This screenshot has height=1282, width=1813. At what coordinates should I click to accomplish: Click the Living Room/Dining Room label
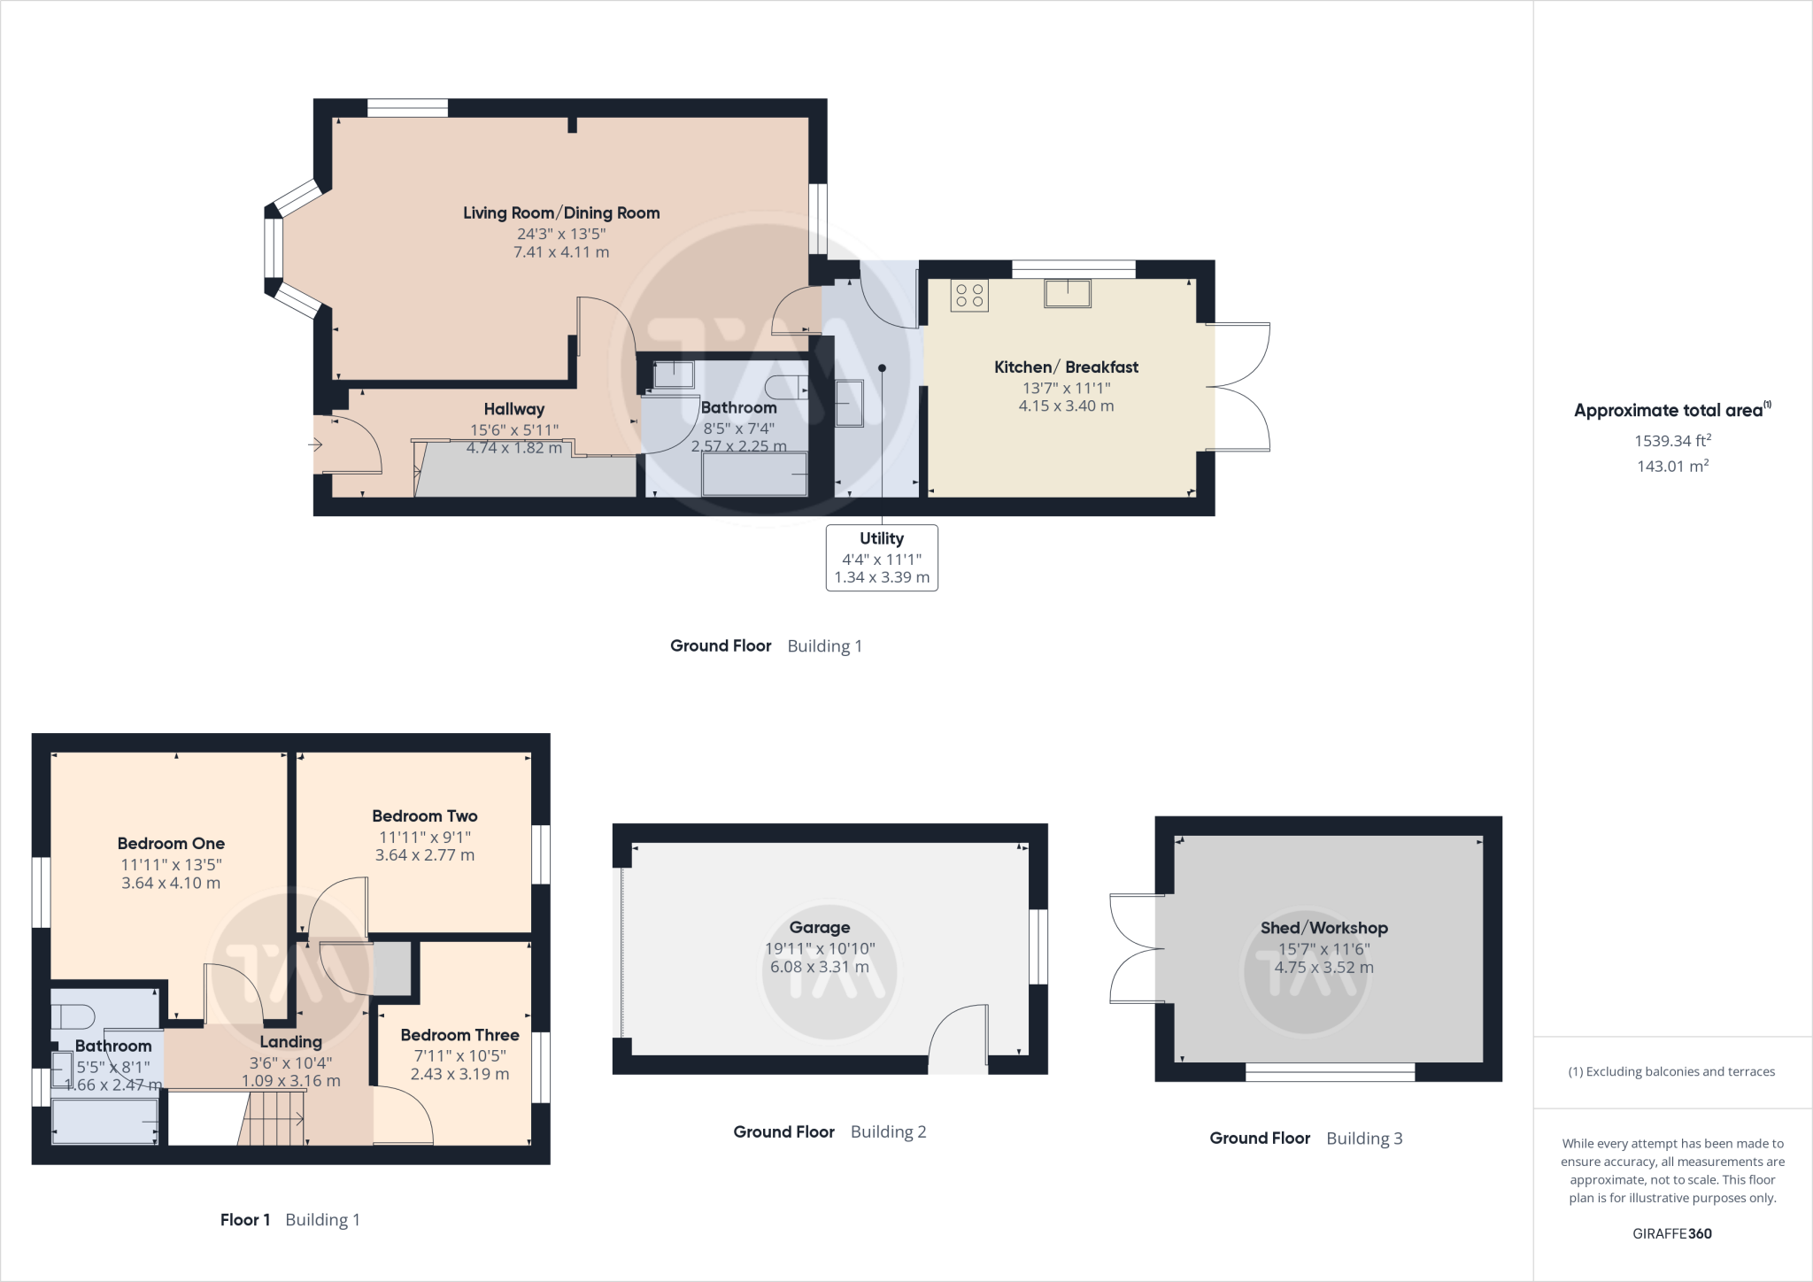point(561,212)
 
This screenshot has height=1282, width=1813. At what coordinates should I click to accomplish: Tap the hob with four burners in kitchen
point(969,296)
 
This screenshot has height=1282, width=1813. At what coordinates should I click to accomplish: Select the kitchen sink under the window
point(1068,293)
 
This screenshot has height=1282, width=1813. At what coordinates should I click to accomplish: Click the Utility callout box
point(882,558)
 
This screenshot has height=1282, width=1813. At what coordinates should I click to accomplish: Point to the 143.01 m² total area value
point(1671,466)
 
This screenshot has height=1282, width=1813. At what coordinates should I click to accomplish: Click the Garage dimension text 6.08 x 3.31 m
point(819,967)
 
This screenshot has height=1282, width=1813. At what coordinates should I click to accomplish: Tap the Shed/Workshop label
point(1323,928)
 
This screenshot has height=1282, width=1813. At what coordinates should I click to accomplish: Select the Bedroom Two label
point(424,816)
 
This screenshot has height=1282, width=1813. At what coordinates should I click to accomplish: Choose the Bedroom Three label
point(459,1035)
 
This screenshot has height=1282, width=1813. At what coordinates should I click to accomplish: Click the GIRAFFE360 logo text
point(1671,1233)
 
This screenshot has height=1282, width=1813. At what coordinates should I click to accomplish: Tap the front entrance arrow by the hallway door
point(315,445)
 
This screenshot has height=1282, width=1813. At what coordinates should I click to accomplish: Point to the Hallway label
point(513,409)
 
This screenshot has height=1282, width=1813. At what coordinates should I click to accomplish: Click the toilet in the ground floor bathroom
point(785,387)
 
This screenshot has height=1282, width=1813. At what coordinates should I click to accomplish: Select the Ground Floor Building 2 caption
point(829,1131)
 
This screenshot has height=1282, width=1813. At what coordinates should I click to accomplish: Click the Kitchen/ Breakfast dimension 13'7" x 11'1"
point(1066,388)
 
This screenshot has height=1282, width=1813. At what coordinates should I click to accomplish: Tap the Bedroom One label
point(171,844)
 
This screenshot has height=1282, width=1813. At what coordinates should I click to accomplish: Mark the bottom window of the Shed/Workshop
point(1330,1073)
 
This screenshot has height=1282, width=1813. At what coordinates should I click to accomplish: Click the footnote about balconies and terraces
point(1671,1071)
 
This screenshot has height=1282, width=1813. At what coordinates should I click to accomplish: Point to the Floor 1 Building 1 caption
point(289,1219)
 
